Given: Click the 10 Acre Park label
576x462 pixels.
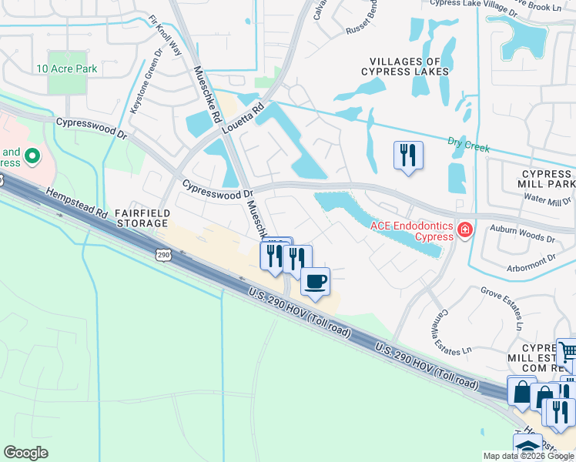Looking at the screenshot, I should pyautogui.click(x=66, y=69).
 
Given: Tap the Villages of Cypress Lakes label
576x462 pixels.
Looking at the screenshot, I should pyautogui.click(x=404, y=66).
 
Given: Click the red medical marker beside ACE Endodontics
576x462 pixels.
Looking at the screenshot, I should pyautogui.click(x=464, y=229).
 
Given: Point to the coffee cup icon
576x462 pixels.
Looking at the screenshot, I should pyautogui.click(x=314, y=282).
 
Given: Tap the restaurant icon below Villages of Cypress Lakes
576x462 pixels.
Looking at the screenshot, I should pyautogui.click(x=408, y=156).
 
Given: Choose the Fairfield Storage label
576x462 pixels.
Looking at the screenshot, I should pyautogui.click(x=141, y=217).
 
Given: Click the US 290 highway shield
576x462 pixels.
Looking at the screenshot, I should pyautogui.click(x=162, y=254).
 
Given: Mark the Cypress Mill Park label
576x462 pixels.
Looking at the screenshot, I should pyautogui.click(x=547, y=179).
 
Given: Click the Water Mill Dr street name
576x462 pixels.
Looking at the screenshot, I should pyautogui.click(x=547, y=202).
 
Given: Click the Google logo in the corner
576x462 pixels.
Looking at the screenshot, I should pyautogui.click(x=25, y=453).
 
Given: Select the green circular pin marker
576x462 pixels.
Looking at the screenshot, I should pyautogui.click(x=32, y=157).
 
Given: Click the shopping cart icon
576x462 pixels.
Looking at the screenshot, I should pyautogui.click(x=567, y=353).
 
